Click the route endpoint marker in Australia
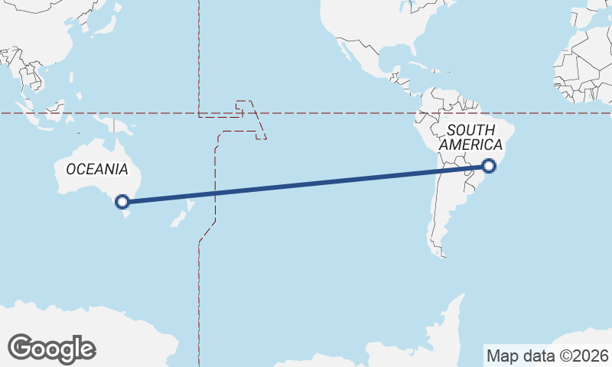click(122, 202)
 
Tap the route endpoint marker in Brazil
click(490, 165)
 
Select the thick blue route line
click(306, 183)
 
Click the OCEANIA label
click(97, 169)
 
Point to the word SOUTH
click(470, 130)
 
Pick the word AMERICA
click(470, 145)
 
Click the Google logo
click(51, 348)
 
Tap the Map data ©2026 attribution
click(547, 356)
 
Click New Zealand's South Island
click(178, 220)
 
